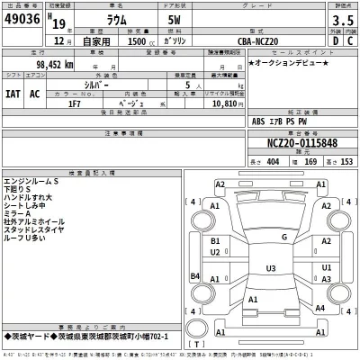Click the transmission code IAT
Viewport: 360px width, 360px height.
pyautogui.click(x=14, y=92)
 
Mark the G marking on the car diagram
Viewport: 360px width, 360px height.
pyautogui.click(x=284, y=237)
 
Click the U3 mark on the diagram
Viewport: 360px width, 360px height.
pyautogui.click(x=270, y=268)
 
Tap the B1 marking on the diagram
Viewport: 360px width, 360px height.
pyautogui.click(x=214, y=242)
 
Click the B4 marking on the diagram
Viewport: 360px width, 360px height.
pyautogui.click(x=194, y=275)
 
